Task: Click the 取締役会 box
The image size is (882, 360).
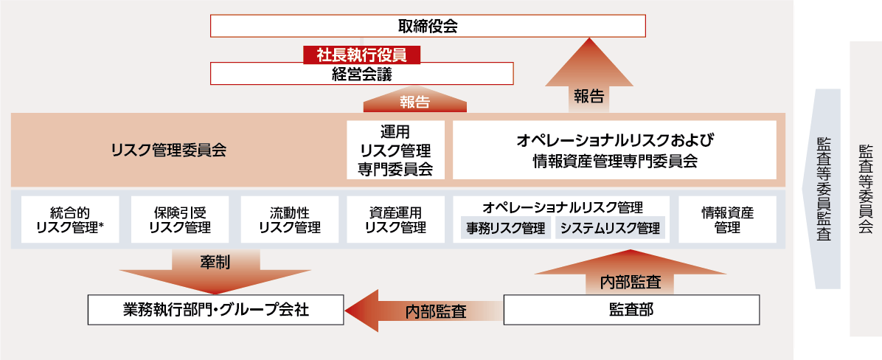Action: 428,27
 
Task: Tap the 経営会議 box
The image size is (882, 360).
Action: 361,75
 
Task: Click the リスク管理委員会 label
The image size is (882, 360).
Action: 168,150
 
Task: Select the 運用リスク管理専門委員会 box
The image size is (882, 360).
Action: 396,150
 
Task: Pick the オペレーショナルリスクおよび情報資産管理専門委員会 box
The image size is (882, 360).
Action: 614,150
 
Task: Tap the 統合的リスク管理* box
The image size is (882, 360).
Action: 70,219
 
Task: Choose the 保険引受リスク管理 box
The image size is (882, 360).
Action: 179,219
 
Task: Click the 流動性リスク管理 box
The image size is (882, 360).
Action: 289,219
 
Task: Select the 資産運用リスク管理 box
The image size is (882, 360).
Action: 396,219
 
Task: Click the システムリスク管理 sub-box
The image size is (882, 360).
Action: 610,228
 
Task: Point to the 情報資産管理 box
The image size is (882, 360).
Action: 727,219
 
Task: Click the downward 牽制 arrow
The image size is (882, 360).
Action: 216,270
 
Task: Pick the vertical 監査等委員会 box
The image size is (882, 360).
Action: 865,188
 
